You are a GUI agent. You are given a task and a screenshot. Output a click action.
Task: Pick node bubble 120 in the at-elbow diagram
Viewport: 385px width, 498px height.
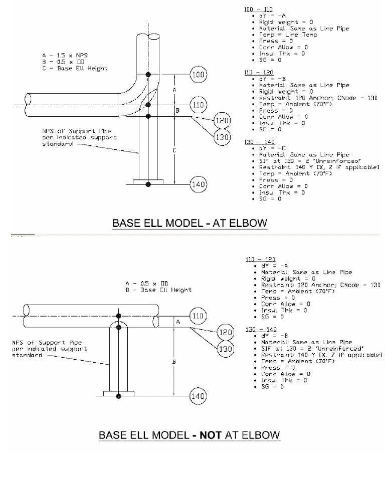coord(222,121)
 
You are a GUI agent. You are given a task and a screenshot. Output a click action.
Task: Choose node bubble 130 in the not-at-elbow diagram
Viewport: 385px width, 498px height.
coord(225,349)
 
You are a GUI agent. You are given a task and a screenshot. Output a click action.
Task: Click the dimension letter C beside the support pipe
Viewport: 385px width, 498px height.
coord(174,150)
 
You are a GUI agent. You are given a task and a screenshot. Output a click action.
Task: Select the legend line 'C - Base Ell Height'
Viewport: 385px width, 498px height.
coord(75,68)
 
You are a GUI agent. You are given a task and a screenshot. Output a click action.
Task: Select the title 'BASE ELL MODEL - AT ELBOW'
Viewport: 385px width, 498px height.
coord(189,223)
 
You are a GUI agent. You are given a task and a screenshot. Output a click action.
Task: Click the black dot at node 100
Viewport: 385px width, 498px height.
coord(148,75)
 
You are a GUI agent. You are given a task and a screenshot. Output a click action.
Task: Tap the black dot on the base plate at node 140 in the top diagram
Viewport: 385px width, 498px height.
coord(148,185)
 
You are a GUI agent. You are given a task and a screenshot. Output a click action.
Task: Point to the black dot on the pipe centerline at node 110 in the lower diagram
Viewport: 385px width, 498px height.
coord(118,316)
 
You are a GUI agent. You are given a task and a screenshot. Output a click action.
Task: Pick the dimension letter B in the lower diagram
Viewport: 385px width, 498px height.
coord(174,361)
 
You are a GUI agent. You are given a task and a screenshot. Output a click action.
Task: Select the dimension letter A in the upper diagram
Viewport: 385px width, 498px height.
coord(174,90)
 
